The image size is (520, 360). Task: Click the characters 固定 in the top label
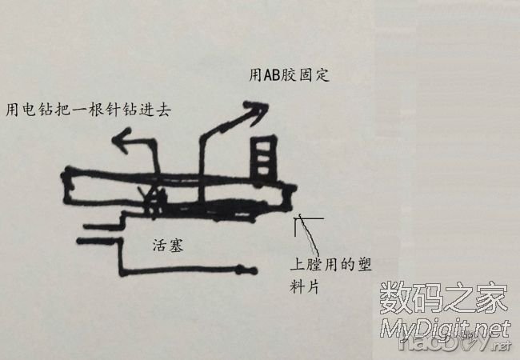[x=314, y=76]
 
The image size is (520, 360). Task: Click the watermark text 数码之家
[x=443, y=300]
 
